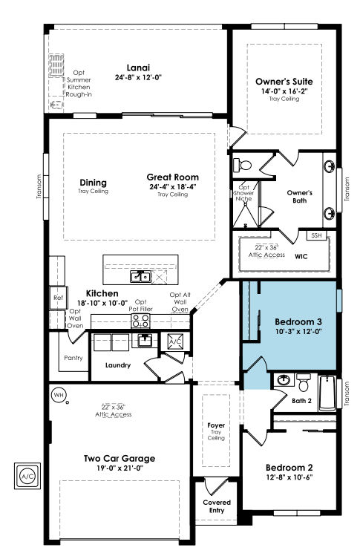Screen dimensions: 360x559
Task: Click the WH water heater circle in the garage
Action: [58, 395]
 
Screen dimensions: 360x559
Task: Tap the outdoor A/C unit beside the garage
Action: [27, 476]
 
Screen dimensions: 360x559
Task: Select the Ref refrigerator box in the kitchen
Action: [59, 298]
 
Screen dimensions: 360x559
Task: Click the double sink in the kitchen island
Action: [140, 276]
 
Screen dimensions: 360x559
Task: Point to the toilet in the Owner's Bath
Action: [243, 165]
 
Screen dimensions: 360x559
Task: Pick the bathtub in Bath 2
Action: [327, 393]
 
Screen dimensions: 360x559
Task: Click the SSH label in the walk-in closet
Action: [316, 235]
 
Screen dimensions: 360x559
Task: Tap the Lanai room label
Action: [138, 68]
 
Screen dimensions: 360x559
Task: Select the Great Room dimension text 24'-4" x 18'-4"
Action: [173, 186]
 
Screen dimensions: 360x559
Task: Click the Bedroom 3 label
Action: [298, 322]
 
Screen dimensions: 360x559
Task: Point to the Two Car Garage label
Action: [120, 459]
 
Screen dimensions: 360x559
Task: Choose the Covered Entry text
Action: [217, 506]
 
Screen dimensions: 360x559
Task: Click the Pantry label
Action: [73, 358]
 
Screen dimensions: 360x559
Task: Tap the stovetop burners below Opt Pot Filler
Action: [141, 321]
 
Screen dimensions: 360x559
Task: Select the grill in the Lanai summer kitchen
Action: [56, 65]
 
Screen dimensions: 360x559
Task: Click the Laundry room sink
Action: [145, 340]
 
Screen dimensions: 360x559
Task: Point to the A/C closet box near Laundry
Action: [175, 341]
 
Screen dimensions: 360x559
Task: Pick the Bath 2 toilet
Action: [304, 382]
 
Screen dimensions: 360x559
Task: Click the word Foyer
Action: [216, 425]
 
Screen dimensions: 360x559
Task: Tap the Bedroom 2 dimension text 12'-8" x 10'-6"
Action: [289, 477]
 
